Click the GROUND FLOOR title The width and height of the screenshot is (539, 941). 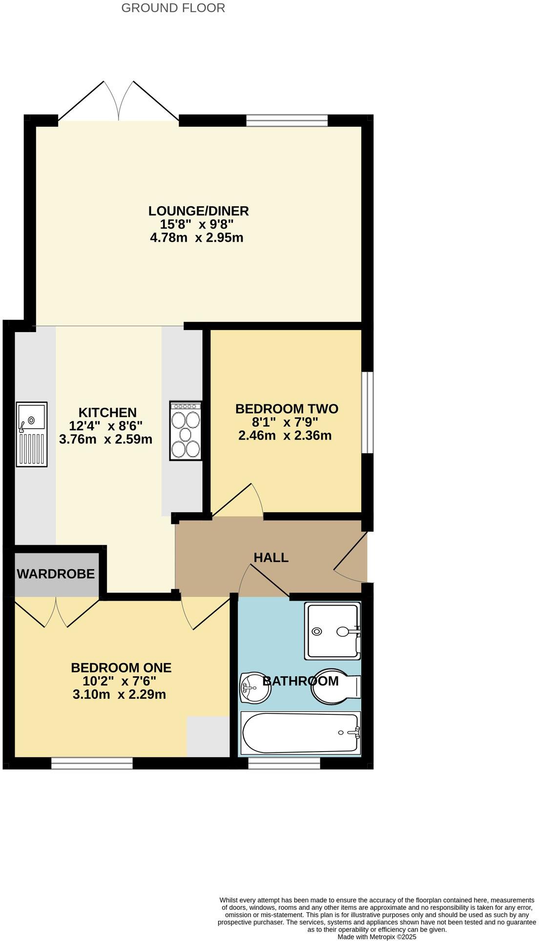pos(173,8)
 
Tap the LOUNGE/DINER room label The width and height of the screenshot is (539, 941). pos(198,211)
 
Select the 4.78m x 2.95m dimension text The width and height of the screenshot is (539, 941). pos(196,238)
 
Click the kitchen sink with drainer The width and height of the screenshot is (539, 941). pos(32,434)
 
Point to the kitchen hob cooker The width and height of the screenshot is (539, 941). pos(186,431)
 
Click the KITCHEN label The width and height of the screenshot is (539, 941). pos(107,413)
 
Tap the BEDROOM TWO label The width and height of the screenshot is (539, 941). pos(287,409)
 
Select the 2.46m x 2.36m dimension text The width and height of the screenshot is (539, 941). pos(285,435)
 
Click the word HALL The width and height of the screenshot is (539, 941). pos(271,557)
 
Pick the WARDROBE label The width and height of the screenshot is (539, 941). pos(56,574)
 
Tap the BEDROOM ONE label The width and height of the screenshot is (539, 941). pos(121,668)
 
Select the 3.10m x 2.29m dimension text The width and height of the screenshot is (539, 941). pos(119,694)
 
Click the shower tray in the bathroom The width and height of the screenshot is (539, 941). pos(333,630)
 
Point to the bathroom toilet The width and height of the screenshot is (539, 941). pos(334,686)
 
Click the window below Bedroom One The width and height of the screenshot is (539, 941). pos(92,763)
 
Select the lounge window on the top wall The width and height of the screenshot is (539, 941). pos(287,120)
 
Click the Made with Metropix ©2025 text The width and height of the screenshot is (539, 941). pos(377,937)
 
